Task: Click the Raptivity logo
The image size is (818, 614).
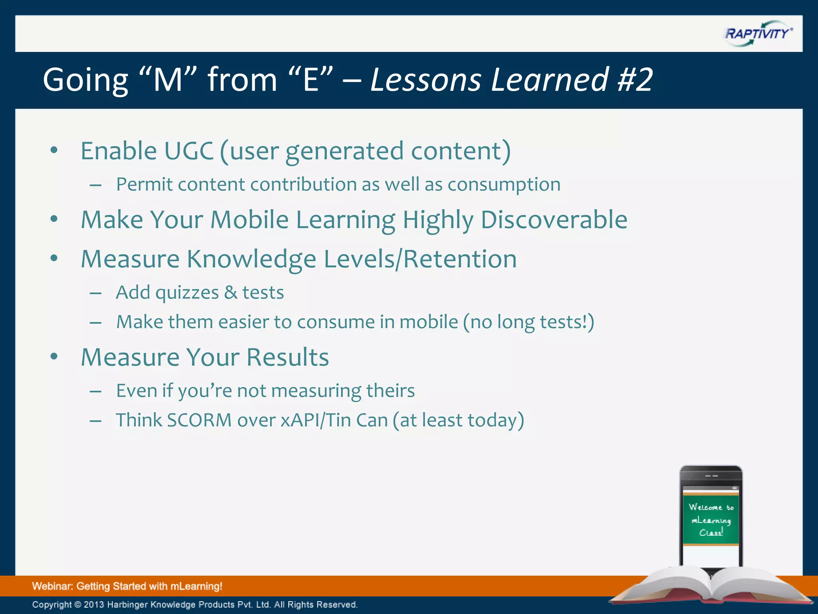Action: click(x=758, y=34)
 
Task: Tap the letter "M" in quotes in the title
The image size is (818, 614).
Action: click(x=168, y=80)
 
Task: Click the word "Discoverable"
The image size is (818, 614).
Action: click(x=554, y=220)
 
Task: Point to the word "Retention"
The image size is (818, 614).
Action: click(x=460, y=259)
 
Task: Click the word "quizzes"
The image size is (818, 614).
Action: click(x=187, y=293)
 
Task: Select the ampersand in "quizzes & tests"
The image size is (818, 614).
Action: click(x=230, y=292)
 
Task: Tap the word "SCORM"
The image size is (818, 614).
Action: click(x=199, y=421)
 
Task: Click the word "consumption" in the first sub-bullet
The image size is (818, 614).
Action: click(x=504, y=185)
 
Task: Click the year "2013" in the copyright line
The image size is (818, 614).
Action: click(x=94, y=605)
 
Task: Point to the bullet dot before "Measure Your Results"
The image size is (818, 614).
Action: click(x=54, y=357)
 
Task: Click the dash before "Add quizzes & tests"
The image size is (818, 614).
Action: click(x=95, y=293)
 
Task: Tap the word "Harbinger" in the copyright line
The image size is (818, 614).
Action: click(x=127, y=605)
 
